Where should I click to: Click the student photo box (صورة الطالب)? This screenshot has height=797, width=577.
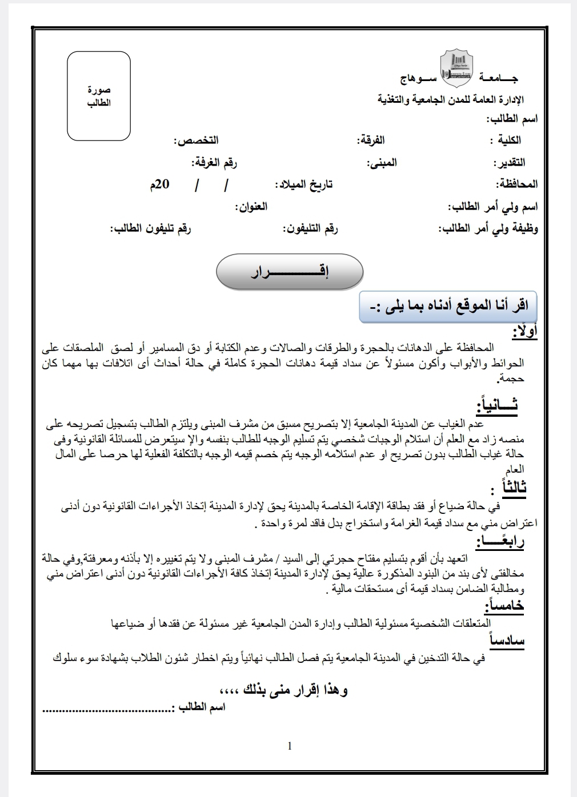coord(99,96)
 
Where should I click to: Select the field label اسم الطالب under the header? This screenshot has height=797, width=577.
coord(511,119)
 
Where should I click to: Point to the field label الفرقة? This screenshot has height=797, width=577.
coord(371,140)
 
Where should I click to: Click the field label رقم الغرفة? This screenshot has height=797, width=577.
coord(214,163)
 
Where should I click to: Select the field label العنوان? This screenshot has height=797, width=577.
coord(251,206)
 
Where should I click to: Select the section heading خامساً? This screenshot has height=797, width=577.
coord(504,606)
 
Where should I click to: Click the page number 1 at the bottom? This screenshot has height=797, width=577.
coord(290,746)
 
